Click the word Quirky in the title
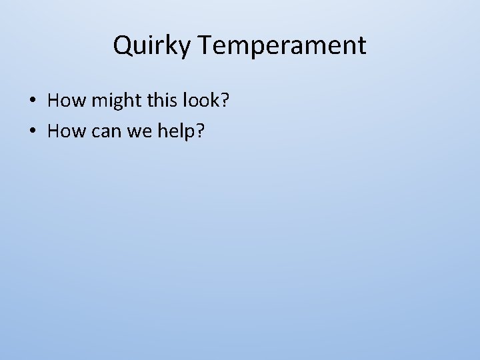152,46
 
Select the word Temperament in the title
282,46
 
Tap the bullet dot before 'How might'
32,101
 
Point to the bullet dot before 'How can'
32,132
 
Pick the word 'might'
111,101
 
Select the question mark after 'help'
199,131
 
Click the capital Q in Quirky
122,46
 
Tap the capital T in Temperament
205,45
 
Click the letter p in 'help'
189,133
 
